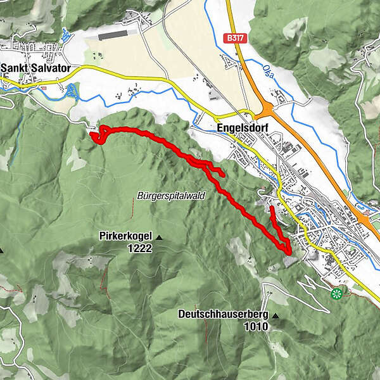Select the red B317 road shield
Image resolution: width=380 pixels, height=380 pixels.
coord(235,39)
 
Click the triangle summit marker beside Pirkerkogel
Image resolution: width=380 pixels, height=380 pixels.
coord(159,237)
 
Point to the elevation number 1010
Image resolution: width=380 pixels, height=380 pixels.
coord(255,327)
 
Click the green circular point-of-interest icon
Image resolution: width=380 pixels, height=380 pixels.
coord(336,293)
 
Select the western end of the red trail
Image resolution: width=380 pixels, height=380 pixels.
coord(93,134)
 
